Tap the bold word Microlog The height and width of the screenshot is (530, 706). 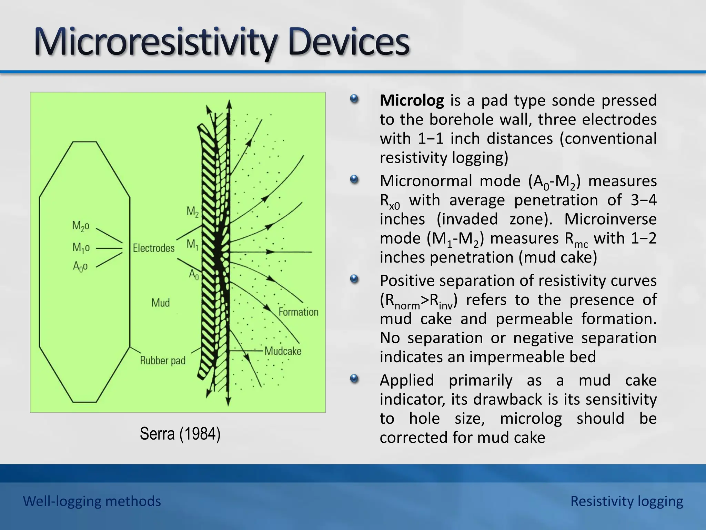[412, 100]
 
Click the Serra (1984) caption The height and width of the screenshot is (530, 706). [180, 434]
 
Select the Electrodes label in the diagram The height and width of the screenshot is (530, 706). [154, 248]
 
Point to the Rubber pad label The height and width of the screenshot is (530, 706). [163, 361]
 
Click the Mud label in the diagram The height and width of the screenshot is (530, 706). [161, 303]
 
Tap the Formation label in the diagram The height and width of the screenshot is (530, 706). [298, 312]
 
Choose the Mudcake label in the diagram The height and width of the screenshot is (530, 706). [283, 351]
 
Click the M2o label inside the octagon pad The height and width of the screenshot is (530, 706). [81, 226]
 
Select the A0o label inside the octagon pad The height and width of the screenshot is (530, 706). [80, 267]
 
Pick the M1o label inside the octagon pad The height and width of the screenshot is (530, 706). [81, 247]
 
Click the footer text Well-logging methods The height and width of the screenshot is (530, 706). [92, 501]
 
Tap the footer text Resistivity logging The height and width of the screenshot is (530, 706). [626, 501]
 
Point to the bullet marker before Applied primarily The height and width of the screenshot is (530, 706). [354, 379]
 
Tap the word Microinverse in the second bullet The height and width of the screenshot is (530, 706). [610, 219]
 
